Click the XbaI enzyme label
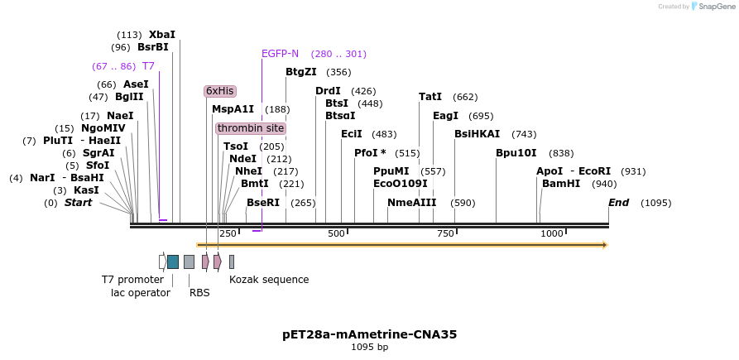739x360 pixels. [161, 35]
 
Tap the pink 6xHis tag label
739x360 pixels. [220, 91]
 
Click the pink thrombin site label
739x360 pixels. [251, 128]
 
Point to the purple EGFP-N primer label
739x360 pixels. [280, 54]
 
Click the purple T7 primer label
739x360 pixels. [148, 66]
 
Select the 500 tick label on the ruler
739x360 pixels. [336, 234]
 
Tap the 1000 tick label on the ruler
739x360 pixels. [552, 234]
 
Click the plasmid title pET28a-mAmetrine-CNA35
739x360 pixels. [369, 335]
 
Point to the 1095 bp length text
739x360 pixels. [369, 348]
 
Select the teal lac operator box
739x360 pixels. [173, 262]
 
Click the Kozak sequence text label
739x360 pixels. [269, 280]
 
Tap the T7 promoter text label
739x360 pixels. [132, 280]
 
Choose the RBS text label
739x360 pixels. [199, 292]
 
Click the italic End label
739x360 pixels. [618, 203]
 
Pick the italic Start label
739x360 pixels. [78, 203]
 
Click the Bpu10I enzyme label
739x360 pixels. [516, 153]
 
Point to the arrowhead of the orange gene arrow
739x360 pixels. [605, 245]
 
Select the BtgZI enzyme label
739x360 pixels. [301, 72]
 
